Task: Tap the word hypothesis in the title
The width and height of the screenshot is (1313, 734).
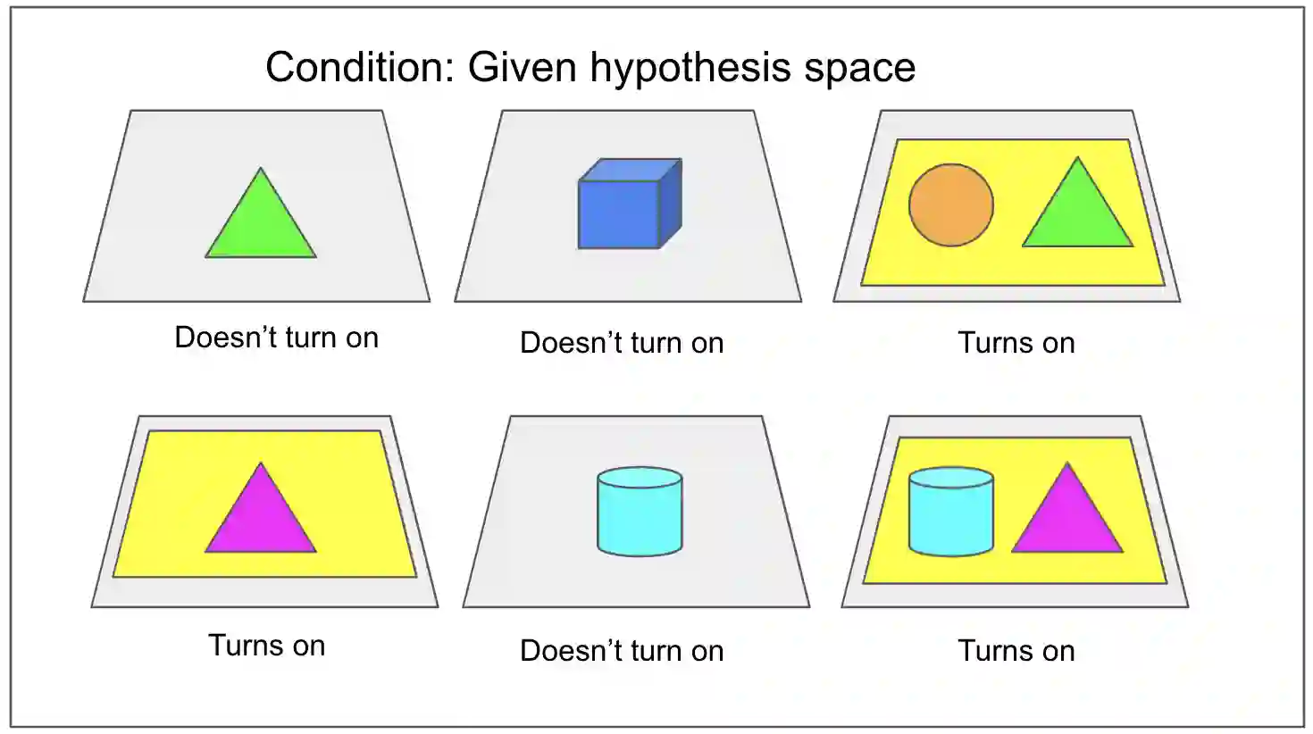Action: tap(690, 68)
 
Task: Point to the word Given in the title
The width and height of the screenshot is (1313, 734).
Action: tap(522, 68)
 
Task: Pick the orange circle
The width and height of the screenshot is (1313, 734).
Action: tap(951, 204)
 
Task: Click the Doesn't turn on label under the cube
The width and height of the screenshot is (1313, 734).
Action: tap(622, 343)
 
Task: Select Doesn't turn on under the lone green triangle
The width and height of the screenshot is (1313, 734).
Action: tap(277, 338)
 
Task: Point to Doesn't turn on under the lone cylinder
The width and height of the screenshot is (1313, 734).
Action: tap(622, 651)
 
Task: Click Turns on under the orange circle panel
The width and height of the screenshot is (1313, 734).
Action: tap(1016, 343)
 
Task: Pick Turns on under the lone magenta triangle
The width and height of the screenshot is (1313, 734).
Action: tap(267, 646)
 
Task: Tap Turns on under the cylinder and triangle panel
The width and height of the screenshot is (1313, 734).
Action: tap(1016, 651)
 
